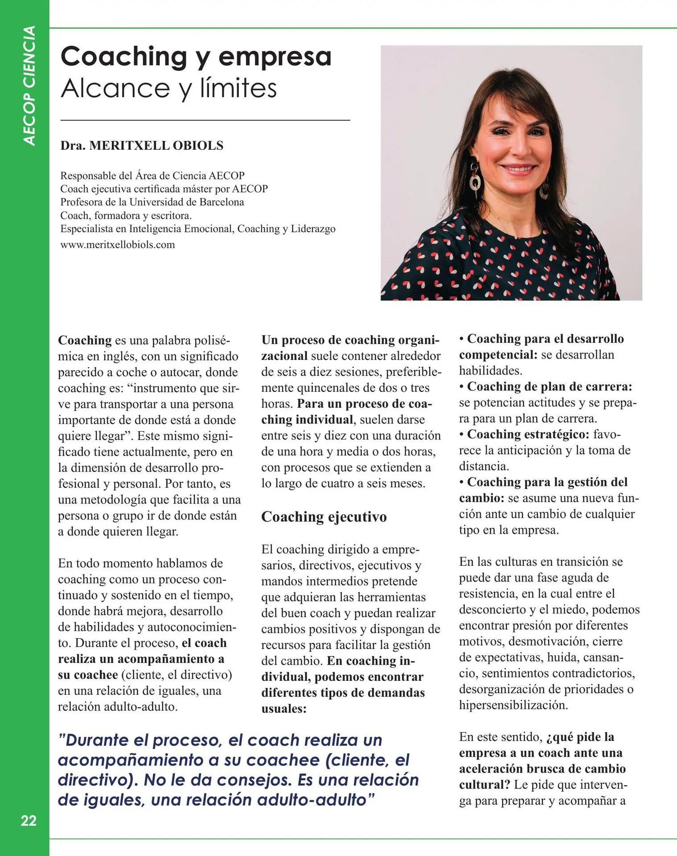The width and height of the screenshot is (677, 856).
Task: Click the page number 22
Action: [x=29, y=820]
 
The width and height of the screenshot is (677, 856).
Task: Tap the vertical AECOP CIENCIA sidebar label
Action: [x=29, y=86]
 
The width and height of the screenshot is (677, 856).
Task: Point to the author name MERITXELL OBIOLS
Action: [x=156, y=146]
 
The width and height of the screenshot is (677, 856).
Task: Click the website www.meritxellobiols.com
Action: [x=118, y=245]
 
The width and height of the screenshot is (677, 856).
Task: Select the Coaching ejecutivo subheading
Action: [x=324, y=517]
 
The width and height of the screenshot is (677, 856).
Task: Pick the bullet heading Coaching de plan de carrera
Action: [x=549, y=387]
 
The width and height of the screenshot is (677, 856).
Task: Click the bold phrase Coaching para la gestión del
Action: [x=547, y=482]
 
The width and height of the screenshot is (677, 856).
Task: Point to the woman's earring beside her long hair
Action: [x=476, y=181]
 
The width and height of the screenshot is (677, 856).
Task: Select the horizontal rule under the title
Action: [x=205, y=120]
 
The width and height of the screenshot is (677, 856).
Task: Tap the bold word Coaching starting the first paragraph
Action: [x=85, y=340]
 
